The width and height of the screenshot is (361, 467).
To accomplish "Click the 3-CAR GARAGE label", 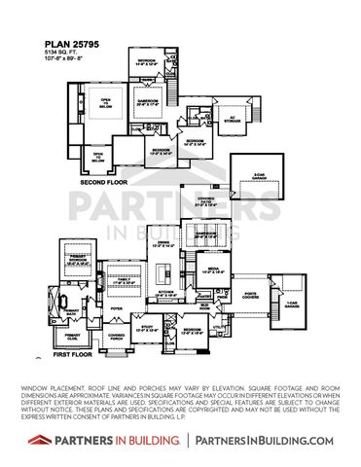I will [260, 175].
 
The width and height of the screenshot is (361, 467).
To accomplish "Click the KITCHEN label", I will [166, 290].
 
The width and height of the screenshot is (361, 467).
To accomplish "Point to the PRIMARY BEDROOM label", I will [78, 260].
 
